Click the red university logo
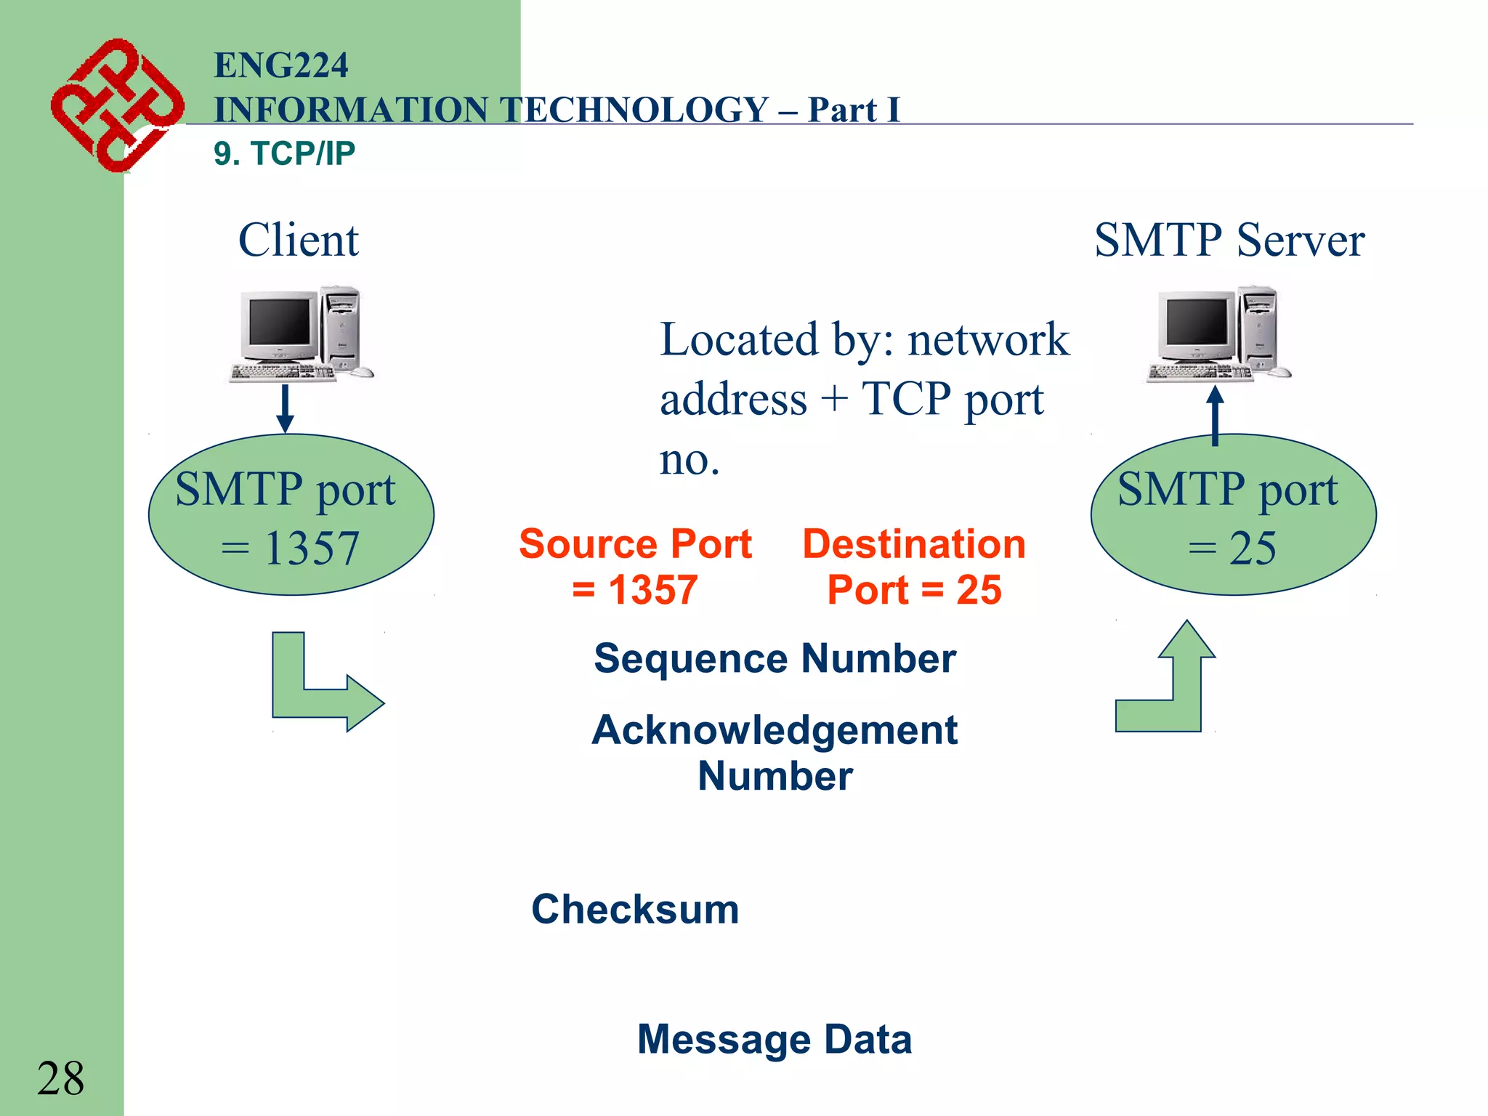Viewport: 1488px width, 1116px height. [116, 105]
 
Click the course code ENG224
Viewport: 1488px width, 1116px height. [281, 65]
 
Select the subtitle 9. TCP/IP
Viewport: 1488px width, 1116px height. [284, 153]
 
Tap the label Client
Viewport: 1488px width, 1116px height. [298, 240]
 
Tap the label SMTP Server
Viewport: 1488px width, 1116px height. [1229, 240]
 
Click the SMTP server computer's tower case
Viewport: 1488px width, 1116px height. [1258, 327]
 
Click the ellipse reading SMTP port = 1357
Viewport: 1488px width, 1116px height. [291, 515]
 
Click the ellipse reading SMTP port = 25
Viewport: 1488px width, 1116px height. [1233, 515]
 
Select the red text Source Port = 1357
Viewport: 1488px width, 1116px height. [635, 566]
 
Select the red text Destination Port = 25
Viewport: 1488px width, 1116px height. [914, 566]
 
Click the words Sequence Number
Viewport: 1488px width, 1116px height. [775, 658]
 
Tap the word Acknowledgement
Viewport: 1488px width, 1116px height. [775, 729]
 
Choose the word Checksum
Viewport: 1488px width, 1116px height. [635, 908]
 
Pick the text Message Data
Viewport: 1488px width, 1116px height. [775, 1038]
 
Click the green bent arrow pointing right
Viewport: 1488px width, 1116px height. [312, 690]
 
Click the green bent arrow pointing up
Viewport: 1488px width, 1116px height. [1177, 690]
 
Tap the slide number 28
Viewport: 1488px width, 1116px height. [60, 1077]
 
